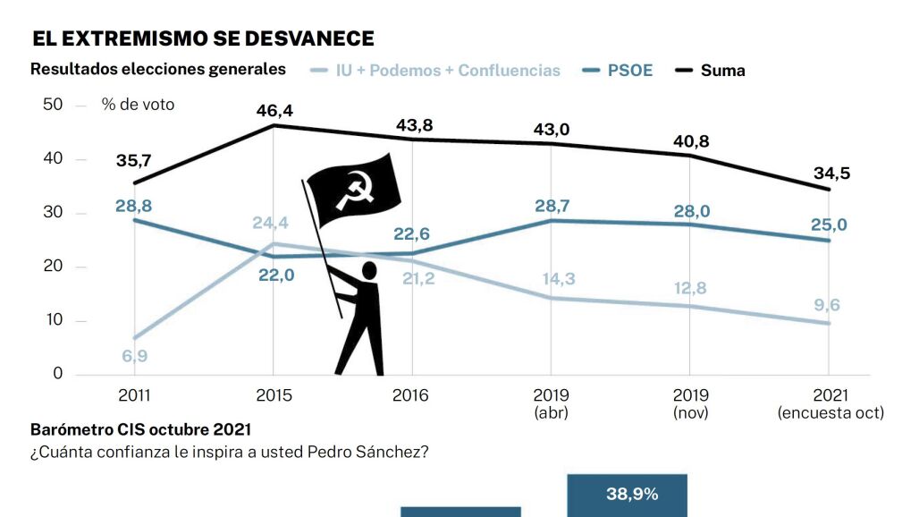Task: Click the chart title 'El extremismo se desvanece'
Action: coord(203,38)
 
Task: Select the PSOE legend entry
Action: coord(618,70)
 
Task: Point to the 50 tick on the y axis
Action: coord(53,105)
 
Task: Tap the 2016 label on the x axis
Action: coord(411,395)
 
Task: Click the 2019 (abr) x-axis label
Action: coord(550,403)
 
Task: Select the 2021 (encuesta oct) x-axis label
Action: coord(830,403)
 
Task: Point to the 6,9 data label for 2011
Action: coord(134,357)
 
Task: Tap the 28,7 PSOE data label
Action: coord(550,205)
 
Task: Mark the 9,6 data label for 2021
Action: coord(828,305)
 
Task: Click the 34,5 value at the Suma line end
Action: coord(828,173)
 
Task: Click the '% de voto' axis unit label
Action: coord(138,105)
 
